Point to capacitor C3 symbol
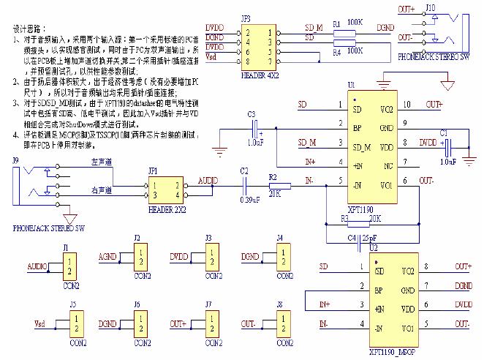(x=256, y=133)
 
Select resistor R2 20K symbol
(x=276, y=186)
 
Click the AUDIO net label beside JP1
(x=207, y=180)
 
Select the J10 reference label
(x=431, y=7)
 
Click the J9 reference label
(x=15, y=160)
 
